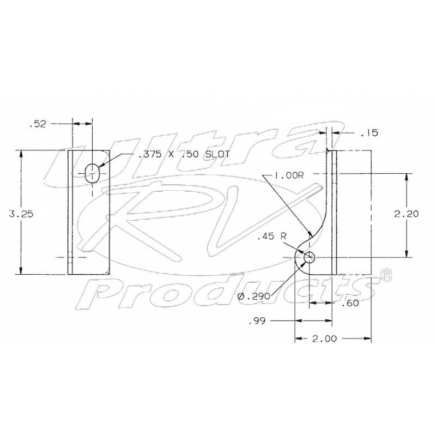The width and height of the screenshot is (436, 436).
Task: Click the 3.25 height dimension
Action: tap(21, 214)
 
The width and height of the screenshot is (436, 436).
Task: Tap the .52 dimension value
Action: tap(38, 124)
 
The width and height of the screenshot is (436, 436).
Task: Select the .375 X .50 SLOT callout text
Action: tap(184, 154)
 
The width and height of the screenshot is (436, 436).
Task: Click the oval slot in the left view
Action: tap(92, 173)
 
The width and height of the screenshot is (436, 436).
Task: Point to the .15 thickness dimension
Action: tap(370, 133)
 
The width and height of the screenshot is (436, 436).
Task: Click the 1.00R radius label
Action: tap(289, 175)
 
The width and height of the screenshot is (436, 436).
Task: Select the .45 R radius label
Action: tap(271, 237)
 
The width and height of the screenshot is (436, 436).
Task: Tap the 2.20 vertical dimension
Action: tap(406, 214)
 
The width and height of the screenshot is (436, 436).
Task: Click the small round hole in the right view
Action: tap(309, 257)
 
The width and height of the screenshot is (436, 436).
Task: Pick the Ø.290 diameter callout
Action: tap(254, 296)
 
